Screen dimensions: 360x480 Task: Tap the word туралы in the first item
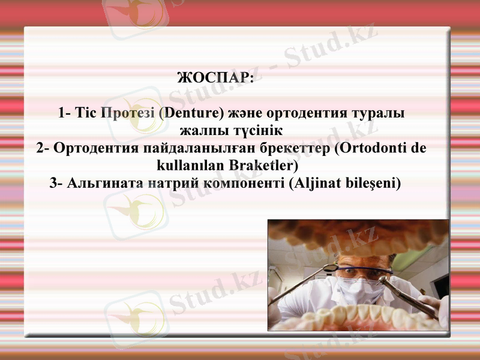pos(377,113)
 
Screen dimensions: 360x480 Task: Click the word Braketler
pos(265,164)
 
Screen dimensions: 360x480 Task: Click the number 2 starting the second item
pos(40,148)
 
